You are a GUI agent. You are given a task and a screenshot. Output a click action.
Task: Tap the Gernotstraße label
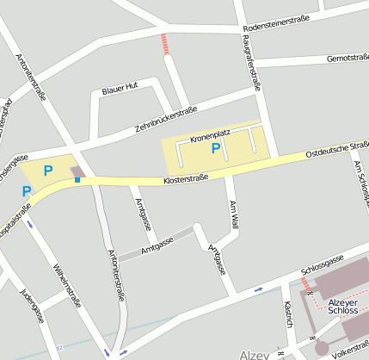347,58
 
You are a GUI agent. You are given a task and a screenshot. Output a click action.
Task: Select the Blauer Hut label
120,88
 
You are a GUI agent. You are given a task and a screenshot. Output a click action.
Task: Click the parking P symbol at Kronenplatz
216,148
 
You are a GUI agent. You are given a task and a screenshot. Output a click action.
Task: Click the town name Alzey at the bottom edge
255,354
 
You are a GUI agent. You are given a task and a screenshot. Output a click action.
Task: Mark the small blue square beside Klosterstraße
77,180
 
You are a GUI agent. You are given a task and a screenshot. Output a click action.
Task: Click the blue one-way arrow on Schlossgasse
259,289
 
